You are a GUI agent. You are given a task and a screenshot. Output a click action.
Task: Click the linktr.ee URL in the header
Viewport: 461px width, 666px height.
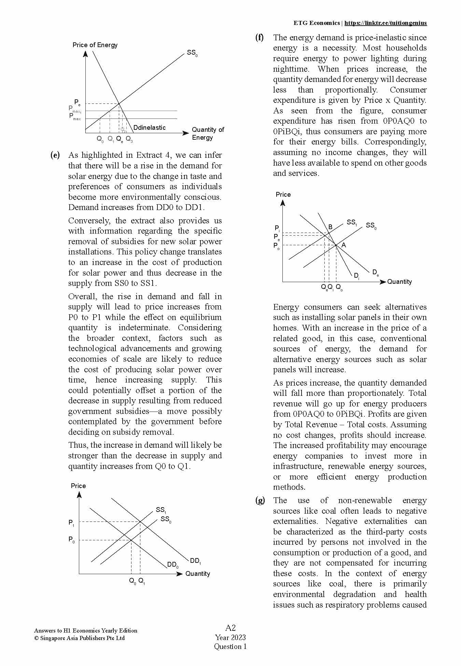tap(385, 23)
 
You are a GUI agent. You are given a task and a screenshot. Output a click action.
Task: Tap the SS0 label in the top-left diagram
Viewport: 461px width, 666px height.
tap(192, 53)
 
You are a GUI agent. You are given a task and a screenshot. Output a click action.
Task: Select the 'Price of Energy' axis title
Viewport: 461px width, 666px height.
tap(95, 45)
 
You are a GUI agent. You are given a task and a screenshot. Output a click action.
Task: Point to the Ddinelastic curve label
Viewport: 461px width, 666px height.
tap(149, 128)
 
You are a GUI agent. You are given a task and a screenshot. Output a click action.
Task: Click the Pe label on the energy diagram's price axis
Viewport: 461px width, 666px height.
tap(77, 102)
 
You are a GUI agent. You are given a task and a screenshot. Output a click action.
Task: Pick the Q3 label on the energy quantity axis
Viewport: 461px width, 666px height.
tap(129, 139)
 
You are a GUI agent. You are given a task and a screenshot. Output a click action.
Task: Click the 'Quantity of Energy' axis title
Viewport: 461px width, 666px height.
tap(208, 134)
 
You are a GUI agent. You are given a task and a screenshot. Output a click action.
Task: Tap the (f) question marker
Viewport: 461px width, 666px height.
tap(260, 38)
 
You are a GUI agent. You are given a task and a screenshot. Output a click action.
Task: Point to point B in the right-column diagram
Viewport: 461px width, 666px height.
tap(330, 227)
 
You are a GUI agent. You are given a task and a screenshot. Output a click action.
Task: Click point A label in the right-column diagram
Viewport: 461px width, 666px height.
tap(344, 245)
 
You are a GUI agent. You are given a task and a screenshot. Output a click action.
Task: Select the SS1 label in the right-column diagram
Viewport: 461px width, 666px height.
tap(352, 223)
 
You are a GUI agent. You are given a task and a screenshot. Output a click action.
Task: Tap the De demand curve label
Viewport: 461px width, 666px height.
tap(375, 273)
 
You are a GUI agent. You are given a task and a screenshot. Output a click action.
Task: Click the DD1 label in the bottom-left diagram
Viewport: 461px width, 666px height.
tap(195, 561)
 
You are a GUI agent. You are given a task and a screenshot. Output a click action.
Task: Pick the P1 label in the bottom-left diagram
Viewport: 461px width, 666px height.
tap(71, 523)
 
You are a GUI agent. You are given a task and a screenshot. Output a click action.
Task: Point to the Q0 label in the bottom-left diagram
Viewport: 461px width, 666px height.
tap(132, 581)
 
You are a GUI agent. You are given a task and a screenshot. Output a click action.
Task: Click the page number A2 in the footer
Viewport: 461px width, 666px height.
tap(230, 628)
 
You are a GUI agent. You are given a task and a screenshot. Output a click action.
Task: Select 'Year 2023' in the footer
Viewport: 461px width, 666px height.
tap(230, 637)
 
